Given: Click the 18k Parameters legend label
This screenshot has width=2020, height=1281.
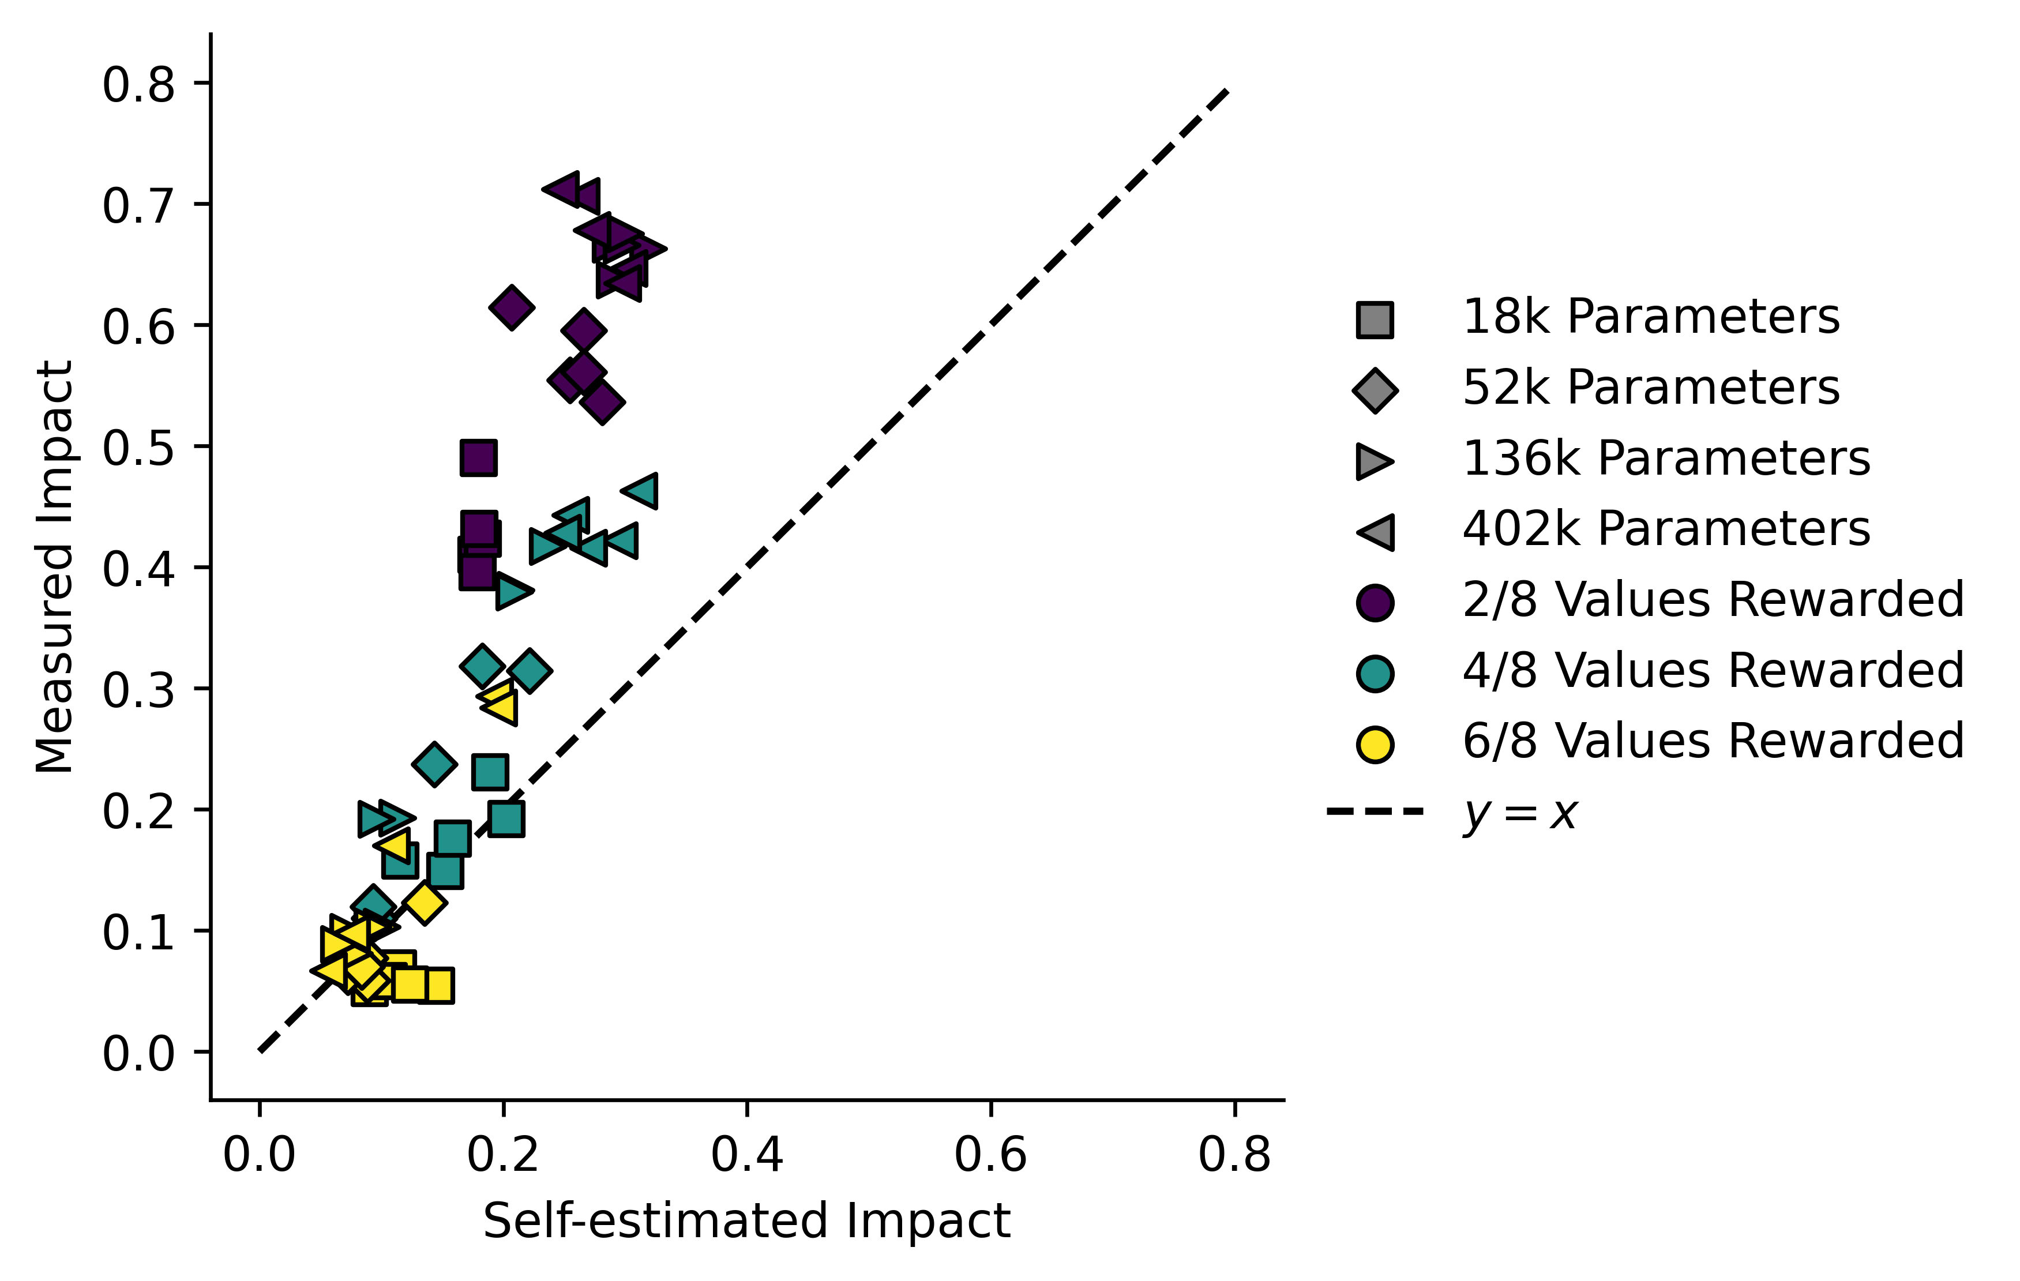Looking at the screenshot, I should point(1650,317).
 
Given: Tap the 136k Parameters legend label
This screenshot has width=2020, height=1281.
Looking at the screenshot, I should point(1665,459).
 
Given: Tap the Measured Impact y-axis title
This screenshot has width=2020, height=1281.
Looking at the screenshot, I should point(55,566).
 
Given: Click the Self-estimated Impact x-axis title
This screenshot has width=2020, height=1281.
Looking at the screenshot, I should point(746,1220).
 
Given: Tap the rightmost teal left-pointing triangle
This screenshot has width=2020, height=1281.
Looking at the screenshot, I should point(643,491).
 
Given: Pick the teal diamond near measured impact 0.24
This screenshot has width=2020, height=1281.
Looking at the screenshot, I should point(434,764).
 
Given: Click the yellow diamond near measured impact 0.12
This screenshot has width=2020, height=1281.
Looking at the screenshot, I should point(425,903).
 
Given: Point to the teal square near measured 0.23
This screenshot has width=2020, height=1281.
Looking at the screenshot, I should point(490,772).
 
